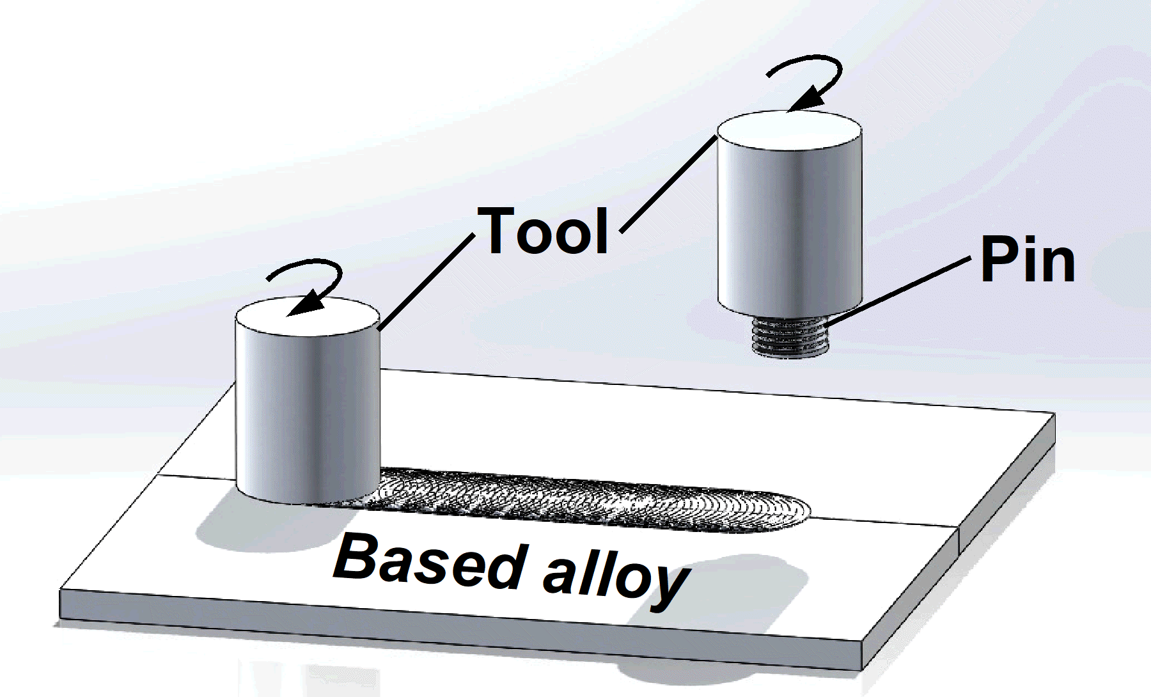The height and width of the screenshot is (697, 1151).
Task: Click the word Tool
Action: pos(545,231)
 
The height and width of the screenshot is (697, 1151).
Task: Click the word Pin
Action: pos(1027,260)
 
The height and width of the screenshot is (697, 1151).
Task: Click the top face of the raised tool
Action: pos(789,130)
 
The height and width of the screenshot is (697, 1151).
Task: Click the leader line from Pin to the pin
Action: pos(895,291)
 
